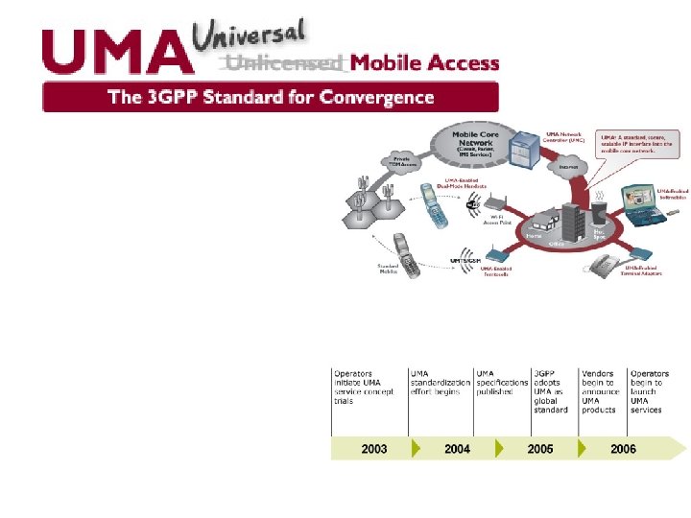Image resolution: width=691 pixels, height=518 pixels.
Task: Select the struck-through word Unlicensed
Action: coord(284,64)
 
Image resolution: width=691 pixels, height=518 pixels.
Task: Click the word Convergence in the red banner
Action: coord(375,97)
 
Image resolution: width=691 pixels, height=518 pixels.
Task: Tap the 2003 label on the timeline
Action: coord(374,449)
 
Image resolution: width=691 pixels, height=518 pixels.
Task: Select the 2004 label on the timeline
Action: coord(458,449)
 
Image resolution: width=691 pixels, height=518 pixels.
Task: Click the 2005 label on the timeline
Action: coord(540,449)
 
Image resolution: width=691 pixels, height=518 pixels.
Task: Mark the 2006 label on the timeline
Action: coord(623,449)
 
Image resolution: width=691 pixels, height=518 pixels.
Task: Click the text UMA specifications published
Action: coord(502,383)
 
